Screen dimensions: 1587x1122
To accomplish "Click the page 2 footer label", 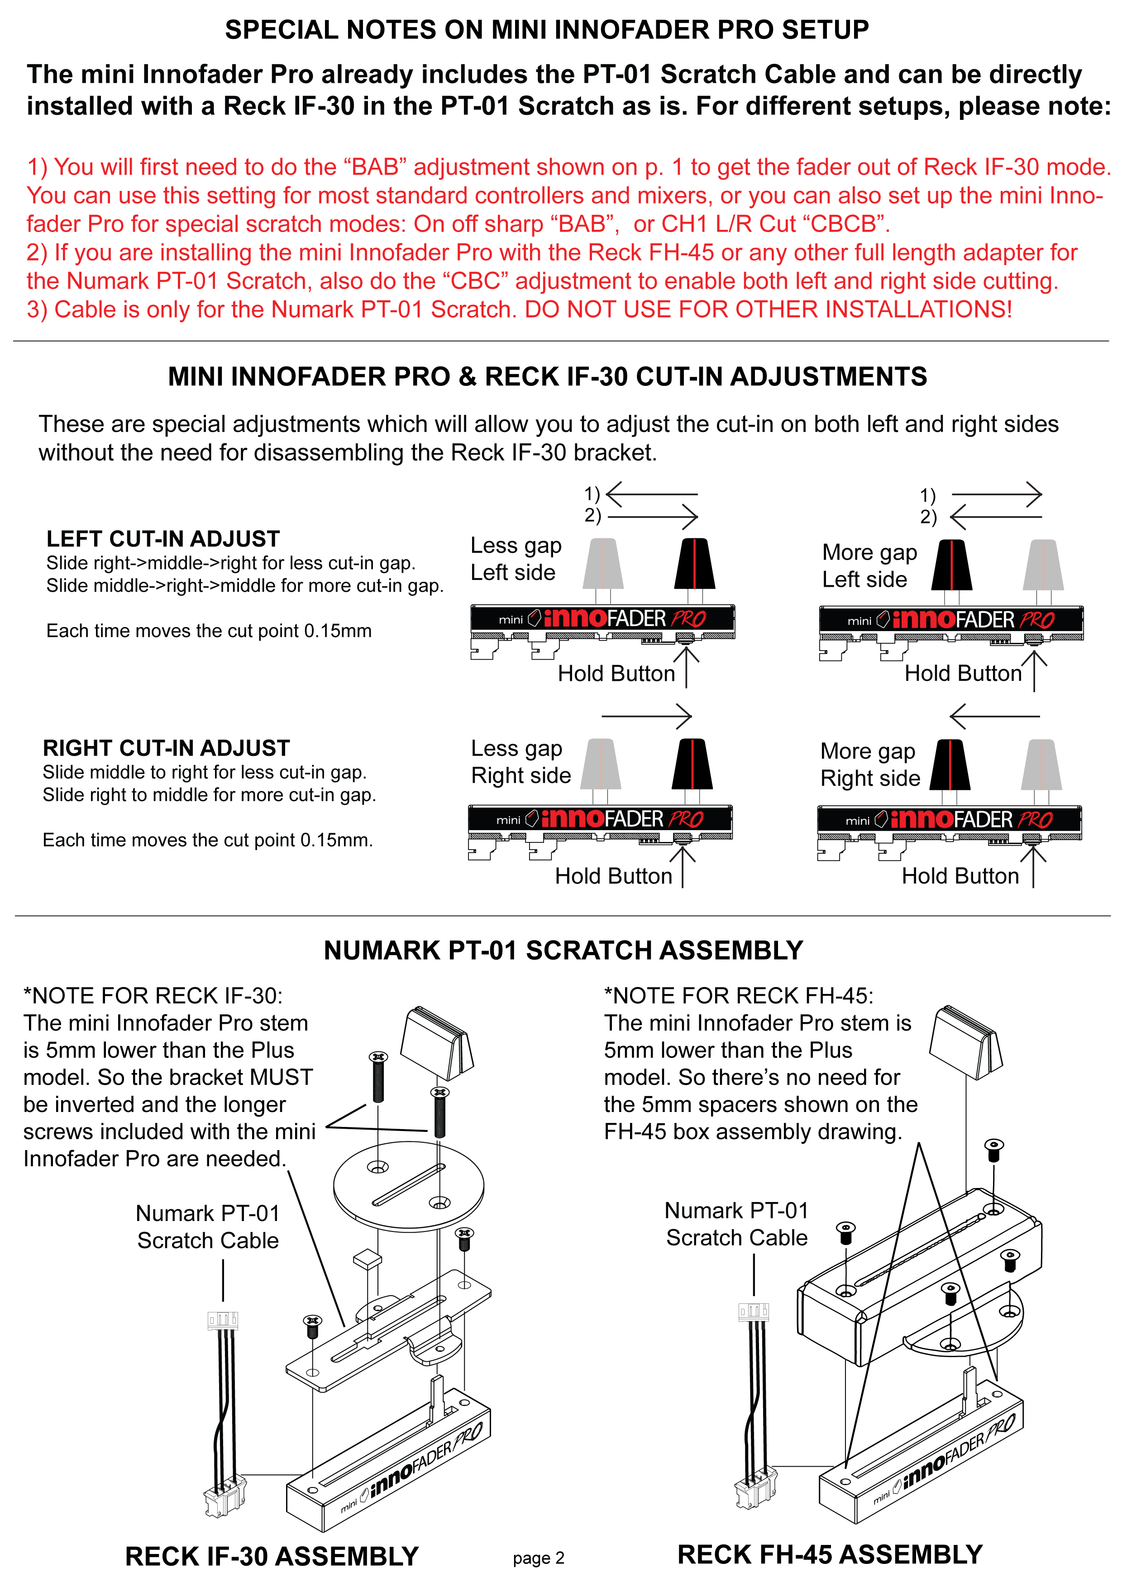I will [539, 1558].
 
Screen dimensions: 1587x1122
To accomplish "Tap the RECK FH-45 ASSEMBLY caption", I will [830, 1554].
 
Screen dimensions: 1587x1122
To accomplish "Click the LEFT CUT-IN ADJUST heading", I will [163, 538].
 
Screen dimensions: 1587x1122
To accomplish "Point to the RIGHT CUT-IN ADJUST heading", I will [166, 748].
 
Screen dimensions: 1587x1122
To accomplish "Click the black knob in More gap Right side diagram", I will [950, 765].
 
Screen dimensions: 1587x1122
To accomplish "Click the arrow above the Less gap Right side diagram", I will [646, 716].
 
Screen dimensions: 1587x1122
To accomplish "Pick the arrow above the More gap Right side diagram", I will [995, 717].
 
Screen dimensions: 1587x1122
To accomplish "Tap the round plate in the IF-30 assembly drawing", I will [409, 1185].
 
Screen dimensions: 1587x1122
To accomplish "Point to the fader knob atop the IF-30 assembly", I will [437, 1042].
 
